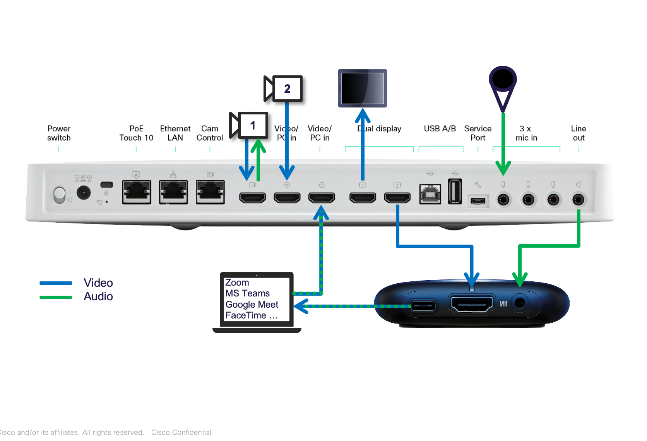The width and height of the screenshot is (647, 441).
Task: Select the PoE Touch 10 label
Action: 136,133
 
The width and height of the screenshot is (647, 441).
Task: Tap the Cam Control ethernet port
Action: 210,192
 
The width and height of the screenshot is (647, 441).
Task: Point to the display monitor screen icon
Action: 363,88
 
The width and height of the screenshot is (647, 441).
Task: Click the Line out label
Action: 579,133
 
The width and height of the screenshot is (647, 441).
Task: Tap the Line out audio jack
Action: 579,200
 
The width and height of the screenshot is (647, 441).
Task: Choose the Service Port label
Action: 478,133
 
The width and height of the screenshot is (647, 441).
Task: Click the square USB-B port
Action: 430,194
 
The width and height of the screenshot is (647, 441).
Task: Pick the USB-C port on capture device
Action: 423,306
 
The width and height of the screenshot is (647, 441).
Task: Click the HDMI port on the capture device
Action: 471,304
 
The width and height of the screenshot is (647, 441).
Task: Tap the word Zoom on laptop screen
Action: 237,283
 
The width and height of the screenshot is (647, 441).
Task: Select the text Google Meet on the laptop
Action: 252,305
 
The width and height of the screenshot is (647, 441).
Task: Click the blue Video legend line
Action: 56,283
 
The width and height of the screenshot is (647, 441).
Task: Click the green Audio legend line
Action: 56,297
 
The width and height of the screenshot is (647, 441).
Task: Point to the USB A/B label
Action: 440,128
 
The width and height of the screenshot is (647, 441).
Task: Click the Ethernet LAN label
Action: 175,133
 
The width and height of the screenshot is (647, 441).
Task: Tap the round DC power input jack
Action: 84,192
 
